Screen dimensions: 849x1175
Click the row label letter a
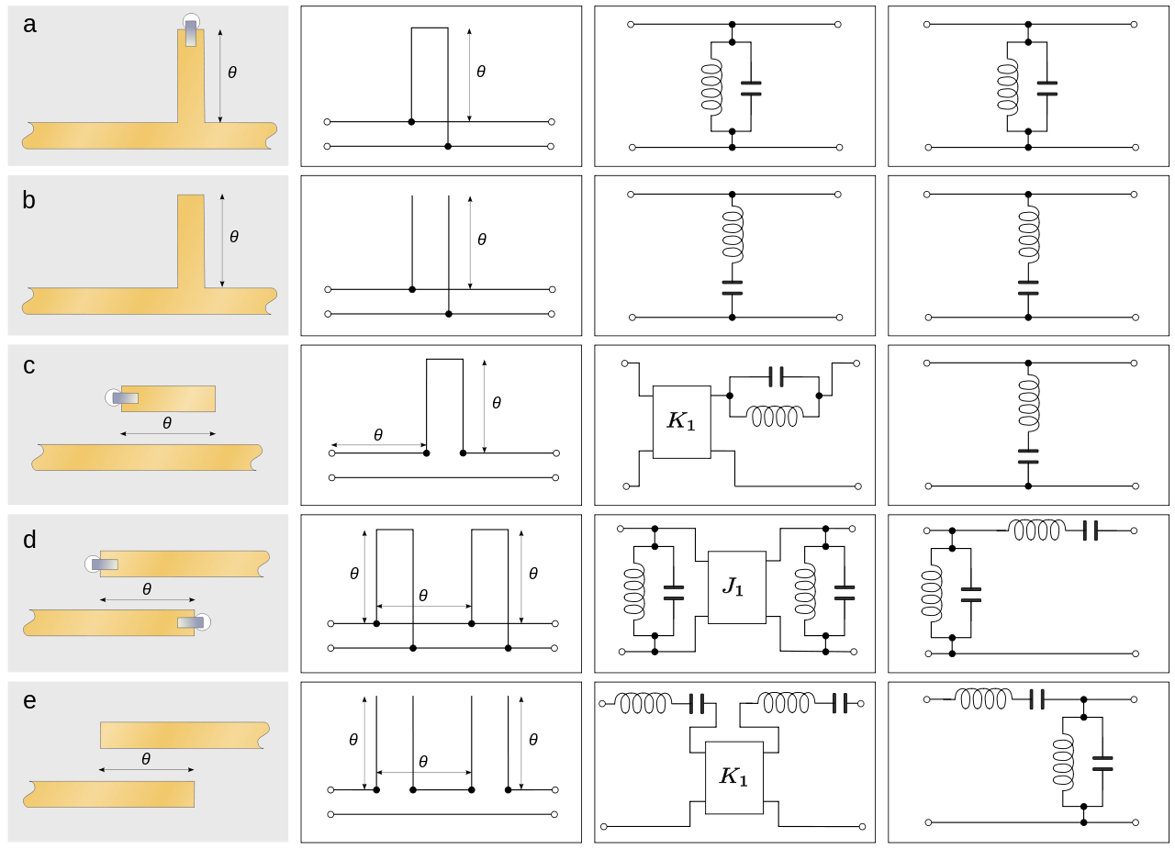(29, 25)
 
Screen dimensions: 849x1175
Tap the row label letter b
(29, 200)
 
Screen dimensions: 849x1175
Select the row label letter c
(29, 365)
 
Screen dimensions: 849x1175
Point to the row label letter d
(29, 539)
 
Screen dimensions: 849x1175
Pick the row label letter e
(29, 701)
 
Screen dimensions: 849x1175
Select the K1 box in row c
(681, 421)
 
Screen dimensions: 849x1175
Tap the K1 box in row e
(734, 777)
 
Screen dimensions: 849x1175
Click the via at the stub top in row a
(191, 28)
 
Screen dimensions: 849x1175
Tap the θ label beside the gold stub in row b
(234, 237)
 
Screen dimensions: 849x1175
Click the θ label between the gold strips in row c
(166, 423)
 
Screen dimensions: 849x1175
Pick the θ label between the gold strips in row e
(146, 759)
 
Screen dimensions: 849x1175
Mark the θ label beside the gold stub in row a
(232, 73)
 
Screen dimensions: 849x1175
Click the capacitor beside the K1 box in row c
(776, 376)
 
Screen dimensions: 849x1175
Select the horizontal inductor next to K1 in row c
(775, 416)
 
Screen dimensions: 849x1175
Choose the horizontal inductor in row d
(1037, 530)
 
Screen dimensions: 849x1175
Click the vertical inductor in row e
(1064, 761)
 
